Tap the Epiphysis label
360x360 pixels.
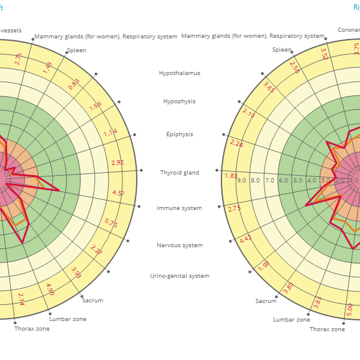(179, 134)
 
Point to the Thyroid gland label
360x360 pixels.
(179, 173)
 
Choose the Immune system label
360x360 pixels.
(179, 208)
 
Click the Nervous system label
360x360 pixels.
(179, 245)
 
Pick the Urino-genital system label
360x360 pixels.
(179, 276)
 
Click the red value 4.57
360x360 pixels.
(118, 193)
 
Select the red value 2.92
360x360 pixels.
(118, 163)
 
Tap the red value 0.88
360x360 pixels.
(74, 85)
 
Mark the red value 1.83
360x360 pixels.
(231, 176)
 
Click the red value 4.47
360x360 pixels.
(246, 239)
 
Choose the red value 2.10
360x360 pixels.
(248, 112)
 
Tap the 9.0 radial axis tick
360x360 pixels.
(241, 181)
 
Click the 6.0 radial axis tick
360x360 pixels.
(284, 181)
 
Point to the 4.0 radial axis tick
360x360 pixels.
(312, 181)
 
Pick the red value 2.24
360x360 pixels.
(236, 143)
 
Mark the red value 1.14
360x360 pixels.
(110, 133)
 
